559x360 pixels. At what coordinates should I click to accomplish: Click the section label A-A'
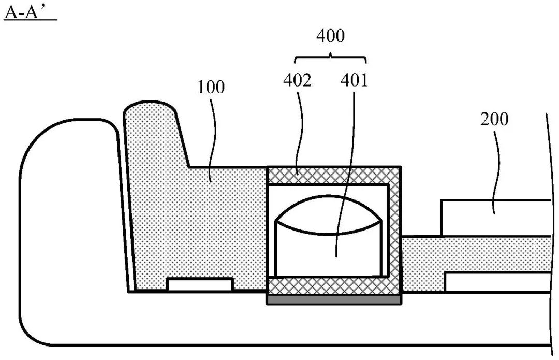30,12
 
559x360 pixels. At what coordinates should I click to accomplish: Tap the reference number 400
330,36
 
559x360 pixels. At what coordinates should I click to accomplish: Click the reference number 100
211,87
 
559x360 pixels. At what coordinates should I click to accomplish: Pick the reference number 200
494,120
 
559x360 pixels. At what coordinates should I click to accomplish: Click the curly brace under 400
330,56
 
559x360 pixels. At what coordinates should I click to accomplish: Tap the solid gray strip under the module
333,299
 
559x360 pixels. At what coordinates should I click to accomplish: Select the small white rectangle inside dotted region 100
200,284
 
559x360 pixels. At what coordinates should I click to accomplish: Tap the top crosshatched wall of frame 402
333,175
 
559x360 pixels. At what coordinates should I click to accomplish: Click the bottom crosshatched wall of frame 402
333,285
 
